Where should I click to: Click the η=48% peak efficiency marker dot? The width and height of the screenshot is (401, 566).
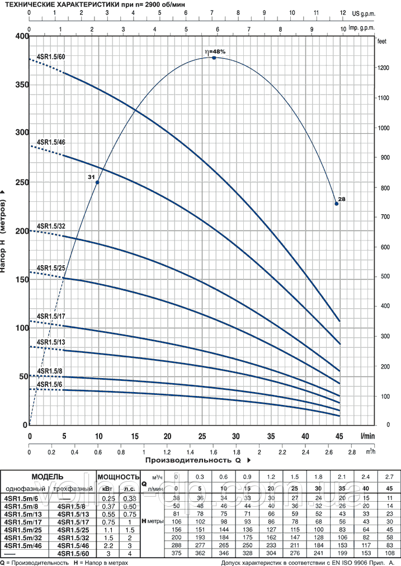coord(214,58)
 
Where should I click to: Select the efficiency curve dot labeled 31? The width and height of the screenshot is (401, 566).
coord(97,182)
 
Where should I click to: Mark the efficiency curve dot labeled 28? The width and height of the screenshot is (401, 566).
coord(337,204)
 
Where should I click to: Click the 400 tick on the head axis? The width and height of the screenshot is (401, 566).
coord(21,36)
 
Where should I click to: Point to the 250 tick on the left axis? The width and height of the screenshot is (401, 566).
coord(21,182)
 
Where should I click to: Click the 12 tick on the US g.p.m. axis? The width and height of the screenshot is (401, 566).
coord(342,11)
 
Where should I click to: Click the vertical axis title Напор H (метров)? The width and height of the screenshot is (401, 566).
coord(5,230)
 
